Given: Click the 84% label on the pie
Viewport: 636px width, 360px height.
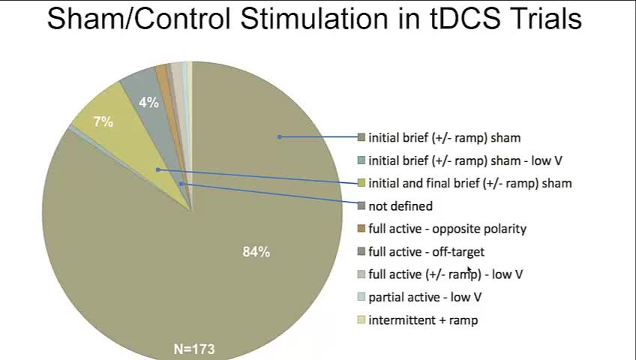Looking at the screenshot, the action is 256,252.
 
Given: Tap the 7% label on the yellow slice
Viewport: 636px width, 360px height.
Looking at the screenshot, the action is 103,121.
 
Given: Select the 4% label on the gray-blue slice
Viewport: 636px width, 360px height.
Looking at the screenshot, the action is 148,103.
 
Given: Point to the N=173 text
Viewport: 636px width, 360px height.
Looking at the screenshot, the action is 194,349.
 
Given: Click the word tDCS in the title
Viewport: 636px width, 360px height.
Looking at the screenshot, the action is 465,19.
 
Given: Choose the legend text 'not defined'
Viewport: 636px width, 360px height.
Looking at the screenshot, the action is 400,206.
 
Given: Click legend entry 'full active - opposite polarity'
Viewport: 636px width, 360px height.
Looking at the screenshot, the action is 448,229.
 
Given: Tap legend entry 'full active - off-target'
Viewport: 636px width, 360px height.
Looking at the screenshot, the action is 426,252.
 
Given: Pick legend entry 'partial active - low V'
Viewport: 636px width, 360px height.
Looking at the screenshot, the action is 424,297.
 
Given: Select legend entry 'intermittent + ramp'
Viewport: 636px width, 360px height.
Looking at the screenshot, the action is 423,319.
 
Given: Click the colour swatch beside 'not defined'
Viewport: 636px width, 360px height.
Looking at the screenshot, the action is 361,206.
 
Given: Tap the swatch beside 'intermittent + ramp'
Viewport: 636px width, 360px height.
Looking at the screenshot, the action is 361,319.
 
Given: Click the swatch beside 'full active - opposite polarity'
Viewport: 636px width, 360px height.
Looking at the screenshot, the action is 361,229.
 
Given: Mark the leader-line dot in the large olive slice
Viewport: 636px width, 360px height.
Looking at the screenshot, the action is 279,137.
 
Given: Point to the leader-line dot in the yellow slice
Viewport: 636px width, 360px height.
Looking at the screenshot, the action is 158,169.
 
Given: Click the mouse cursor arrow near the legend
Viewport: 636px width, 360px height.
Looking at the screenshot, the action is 469,270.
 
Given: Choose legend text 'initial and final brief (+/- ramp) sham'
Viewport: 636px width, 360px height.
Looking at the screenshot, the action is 470,183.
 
